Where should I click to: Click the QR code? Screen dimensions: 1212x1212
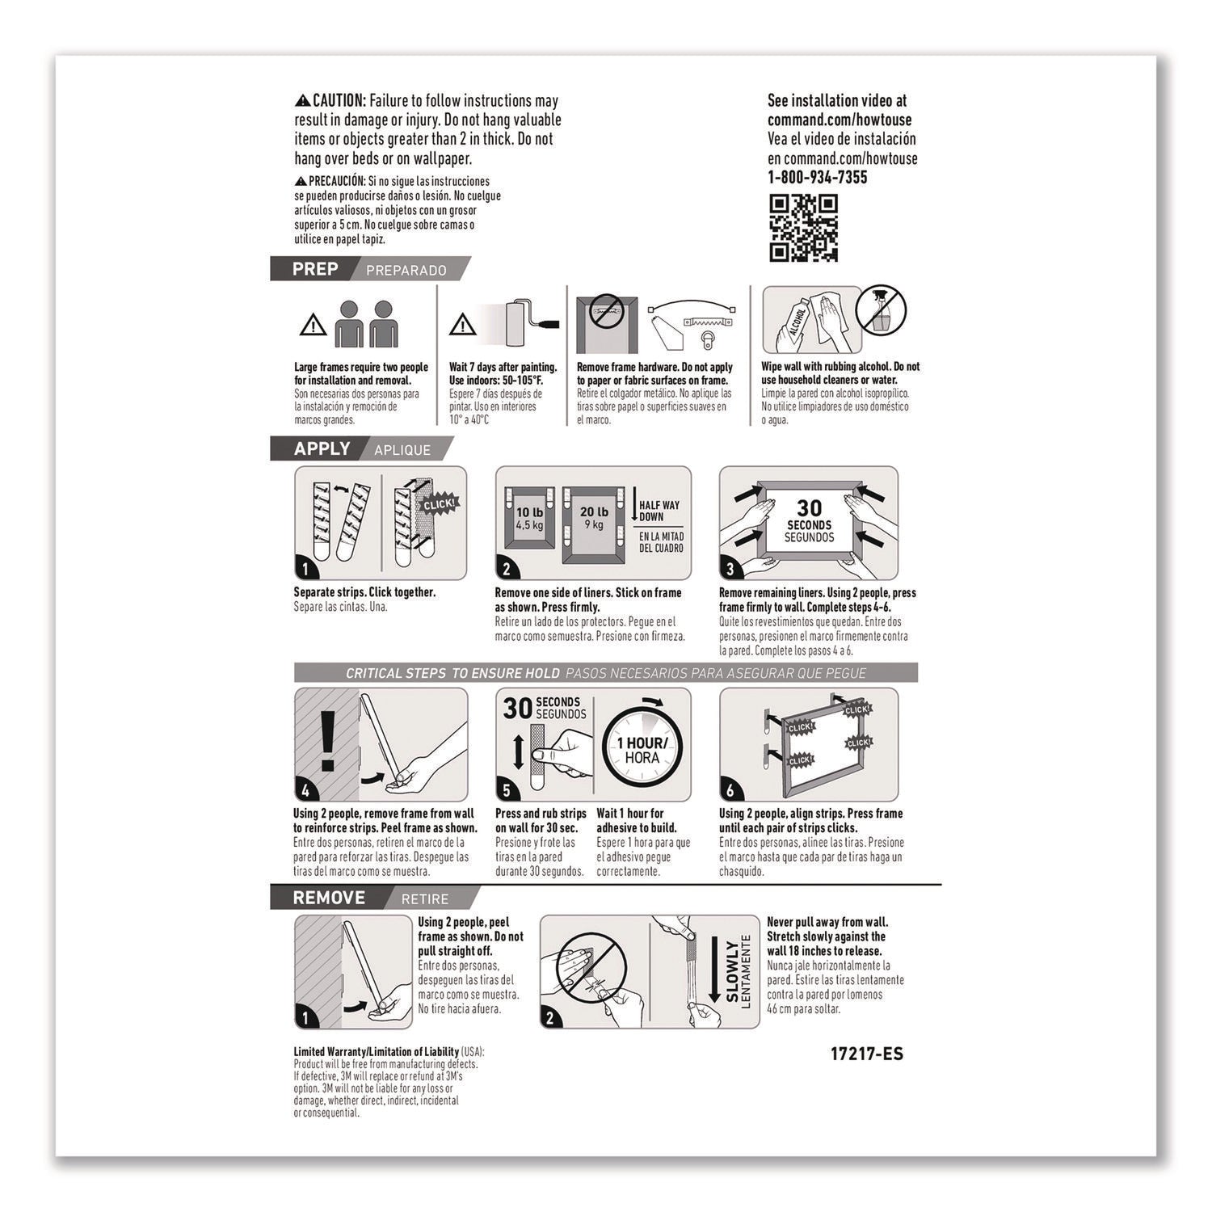803,228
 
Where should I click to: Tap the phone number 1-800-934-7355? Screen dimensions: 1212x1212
817,178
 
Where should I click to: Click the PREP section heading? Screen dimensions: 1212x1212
315,269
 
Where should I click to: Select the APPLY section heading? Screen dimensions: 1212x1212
322,449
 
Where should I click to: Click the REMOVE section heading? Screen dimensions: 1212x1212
329,898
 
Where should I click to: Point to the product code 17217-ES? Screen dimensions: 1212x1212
866,1054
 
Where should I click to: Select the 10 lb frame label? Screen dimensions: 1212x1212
530,517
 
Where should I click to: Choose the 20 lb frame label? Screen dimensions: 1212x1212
594,517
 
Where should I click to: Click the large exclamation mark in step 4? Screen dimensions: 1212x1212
327,740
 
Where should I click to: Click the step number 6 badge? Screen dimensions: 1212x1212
730,790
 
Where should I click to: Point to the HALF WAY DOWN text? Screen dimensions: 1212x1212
659,511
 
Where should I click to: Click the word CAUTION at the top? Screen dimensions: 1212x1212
339,101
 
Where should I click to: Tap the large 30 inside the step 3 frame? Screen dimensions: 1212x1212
809,507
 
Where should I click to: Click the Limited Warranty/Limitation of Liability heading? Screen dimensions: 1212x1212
376,1052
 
